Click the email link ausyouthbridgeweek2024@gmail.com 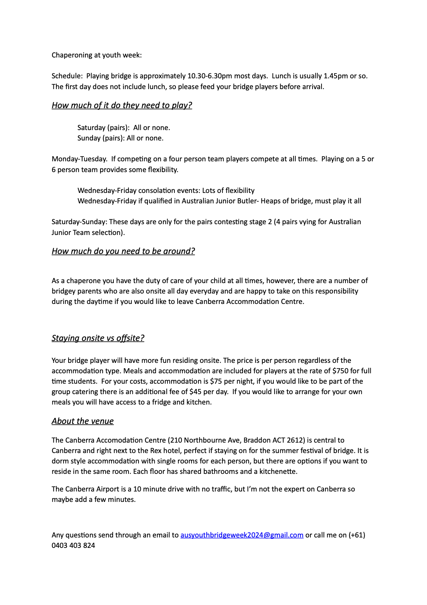pos(241,535)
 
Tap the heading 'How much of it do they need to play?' pos(122,105)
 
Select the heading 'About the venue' pos(83,421)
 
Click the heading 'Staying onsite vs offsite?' pos(98,338)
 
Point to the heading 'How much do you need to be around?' pos(123,251)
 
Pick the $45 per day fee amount pos(197,392)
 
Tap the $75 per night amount pos(216,381)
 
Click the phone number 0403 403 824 pos(73,545)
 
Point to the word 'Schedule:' pos(67,76)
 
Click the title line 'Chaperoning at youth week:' pos(97,55)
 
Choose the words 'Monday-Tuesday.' pos(79,159)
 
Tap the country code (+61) pos(357,535)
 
